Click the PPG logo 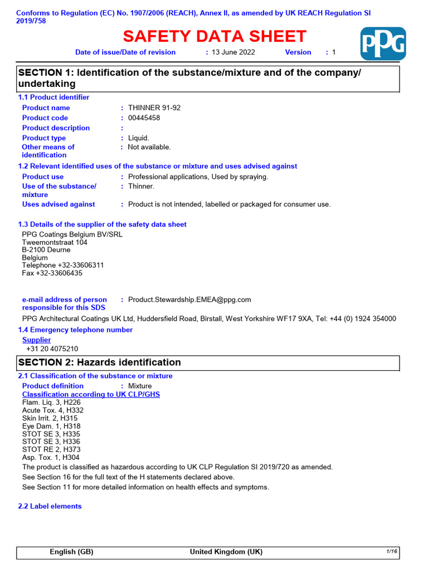[x=383, y=44]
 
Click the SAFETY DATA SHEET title [x=215, y=37]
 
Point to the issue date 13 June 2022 [x=234, y=52]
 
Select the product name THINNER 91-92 [x=154, y=108]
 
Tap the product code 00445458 [x=145, y=118]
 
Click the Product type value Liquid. [x=139, y=138]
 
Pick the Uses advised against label [x=59, y=204]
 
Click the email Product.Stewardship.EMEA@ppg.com [x=189, y=299]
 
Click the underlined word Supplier [x=36, y=340]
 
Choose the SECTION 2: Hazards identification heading [x=100, y=362]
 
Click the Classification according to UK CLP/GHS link [x=91, y=395]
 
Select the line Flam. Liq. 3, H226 [x=51, y=402]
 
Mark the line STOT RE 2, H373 [x=50, y=449]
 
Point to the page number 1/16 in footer [x=391, y=552]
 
